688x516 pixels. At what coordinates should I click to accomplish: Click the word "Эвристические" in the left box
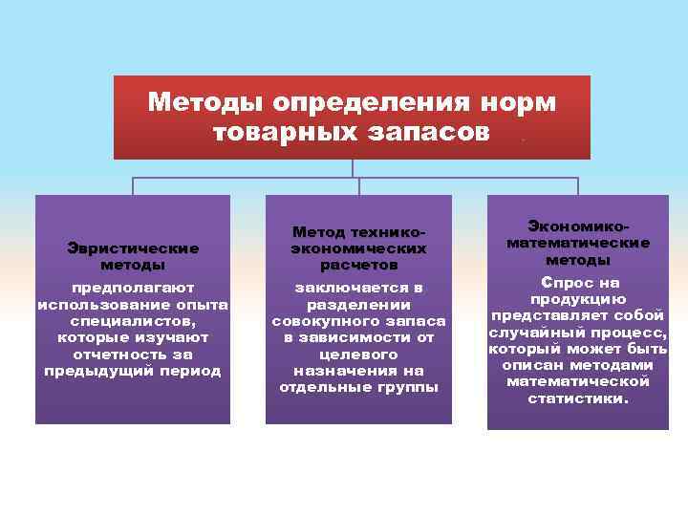pyautogui.click(x=133, y=247)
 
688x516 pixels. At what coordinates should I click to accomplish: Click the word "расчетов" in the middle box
pyautogui.click(x=358, y=264)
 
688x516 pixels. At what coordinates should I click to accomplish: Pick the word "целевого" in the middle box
pyautogui.click(x=358, y=354)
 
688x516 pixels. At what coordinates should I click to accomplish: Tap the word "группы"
pyautogui.click(x=405, y=387)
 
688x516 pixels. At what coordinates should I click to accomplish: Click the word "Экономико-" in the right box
pyautogui.click(x=578, y=226)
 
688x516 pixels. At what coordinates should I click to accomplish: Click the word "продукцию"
pyautogui.click(x=578, y=299)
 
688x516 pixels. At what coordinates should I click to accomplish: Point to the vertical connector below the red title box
pyautogui.click(x=353, y=168)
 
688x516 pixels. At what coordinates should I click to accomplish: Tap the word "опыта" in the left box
pyautogui.click(x=201, y=304)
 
